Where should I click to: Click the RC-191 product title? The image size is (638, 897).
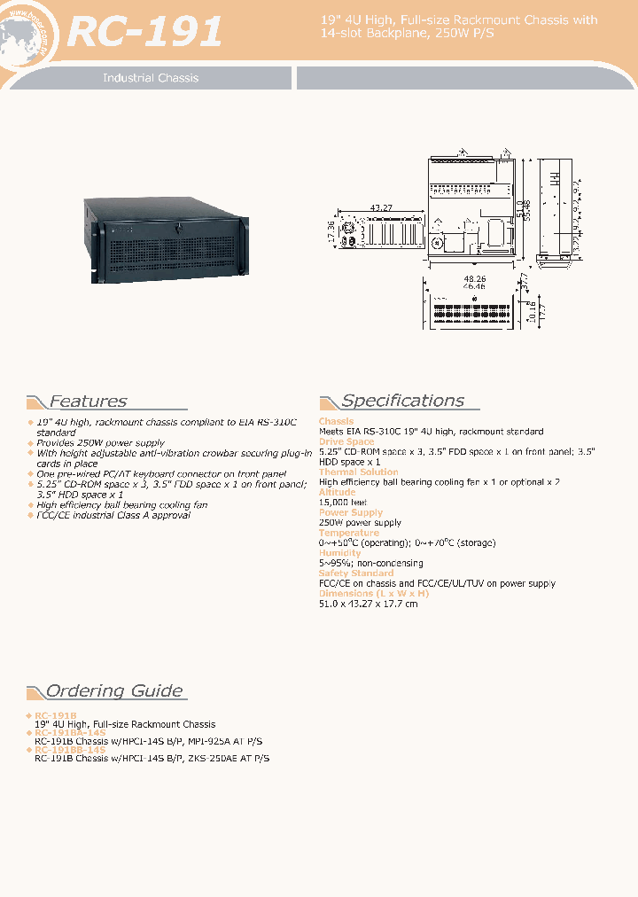click(145, 33)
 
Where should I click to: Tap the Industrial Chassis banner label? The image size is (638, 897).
click(151, 78)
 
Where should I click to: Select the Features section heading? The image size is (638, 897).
click(88, 402)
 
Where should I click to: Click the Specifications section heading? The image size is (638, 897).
click(402, 401)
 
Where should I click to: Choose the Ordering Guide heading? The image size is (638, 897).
click(114, 691)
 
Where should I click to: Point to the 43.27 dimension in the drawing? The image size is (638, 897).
click(382, 208)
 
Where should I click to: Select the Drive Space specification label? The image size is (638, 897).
click(346, 441)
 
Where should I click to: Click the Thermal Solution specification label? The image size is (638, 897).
click(358, 472)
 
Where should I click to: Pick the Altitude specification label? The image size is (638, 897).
click(337, 492)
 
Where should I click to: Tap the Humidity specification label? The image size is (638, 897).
click(339, 553)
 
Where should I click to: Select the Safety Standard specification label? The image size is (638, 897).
click(357, 573)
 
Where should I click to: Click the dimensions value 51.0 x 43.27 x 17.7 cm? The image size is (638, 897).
click(368, 604)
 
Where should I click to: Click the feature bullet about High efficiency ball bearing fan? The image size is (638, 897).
click(121, 505)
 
